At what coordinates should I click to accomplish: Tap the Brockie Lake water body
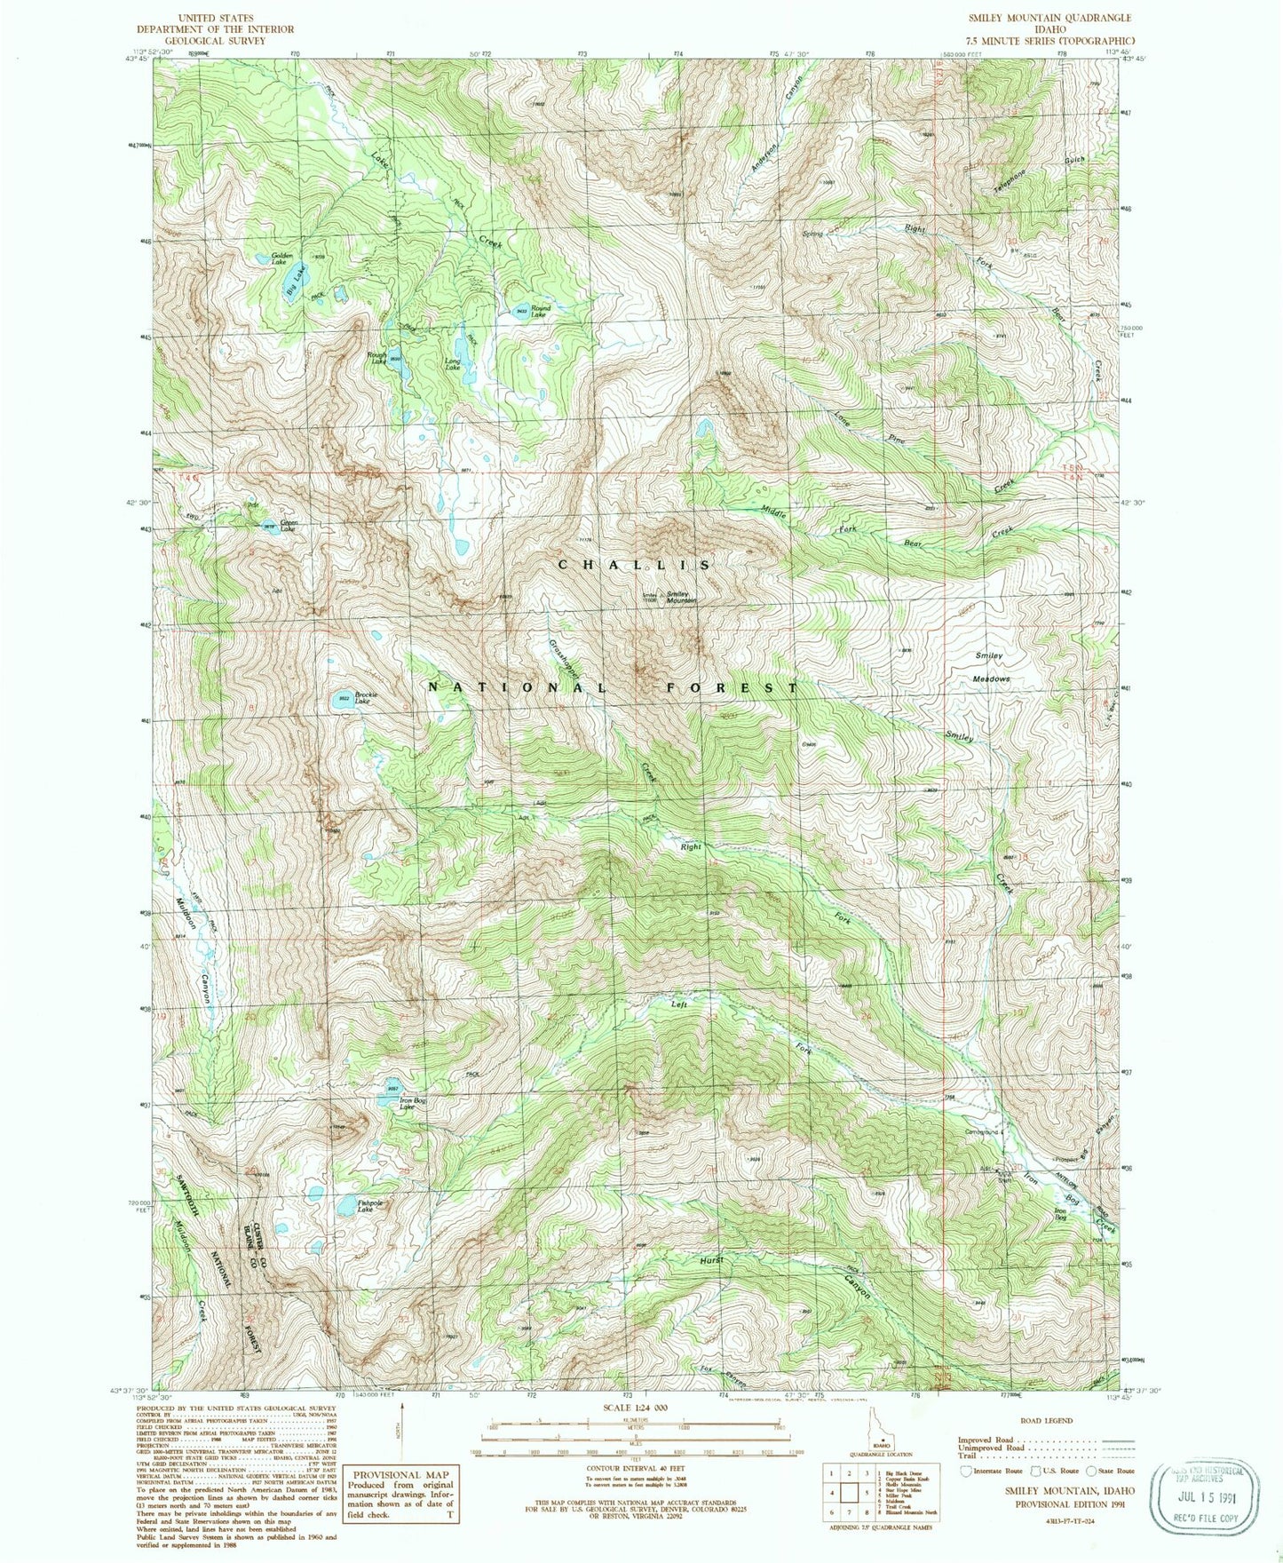point(341,700)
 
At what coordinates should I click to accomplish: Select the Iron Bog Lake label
point(407,1105)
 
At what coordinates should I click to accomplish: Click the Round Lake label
point(539,311)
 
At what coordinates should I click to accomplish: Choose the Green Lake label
point(289,525)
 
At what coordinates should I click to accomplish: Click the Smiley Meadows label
point(991,667)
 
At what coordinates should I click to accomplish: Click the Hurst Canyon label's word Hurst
point(711,1260)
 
